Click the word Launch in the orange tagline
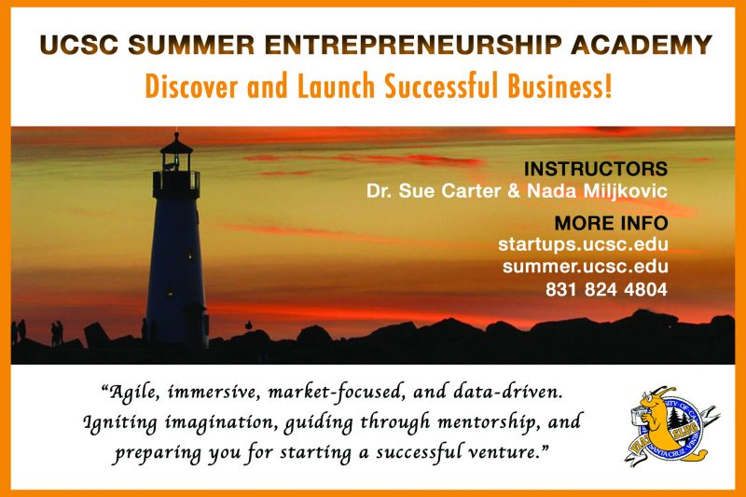337,87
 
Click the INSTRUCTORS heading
596,169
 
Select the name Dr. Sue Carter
434,191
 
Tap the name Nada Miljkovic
597,191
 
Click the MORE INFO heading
612,223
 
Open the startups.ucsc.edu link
584,244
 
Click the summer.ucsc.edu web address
586,267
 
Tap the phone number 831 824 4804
607,289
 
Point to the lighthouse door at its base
195,324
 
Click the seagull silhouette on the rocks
248,325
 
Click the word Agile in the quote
130,393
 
